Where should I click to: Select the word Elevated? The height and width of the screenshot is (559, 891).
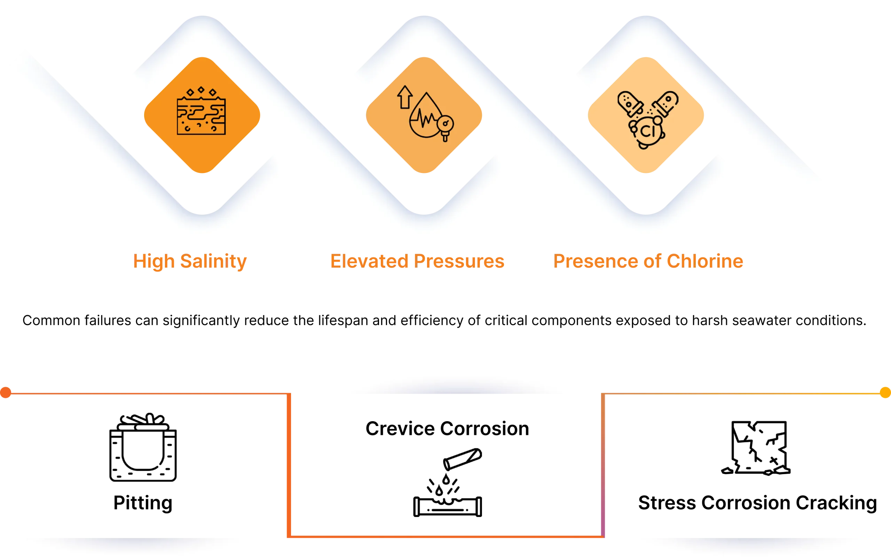point(369,261)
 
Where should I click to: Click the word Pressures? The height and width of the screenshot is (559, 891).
point(459,261)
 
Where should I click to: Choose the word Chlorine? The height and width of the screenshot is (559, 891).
point(705,261)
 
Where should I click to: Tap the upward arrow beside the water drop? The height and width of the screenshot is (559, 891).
point(405,97)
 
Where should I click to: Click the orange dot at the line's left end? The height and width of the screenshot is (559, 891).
point(6,392)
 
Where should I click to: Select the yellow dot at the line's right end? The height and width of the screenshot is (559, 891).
point(885,392)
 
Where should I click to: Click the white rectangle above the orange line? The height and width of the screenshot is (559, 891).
point(447,383)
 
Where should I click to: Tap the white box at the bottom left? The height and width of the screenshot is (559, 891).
point(143,548)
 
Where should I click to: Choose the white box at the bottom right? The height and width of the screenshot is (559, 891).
point(758,548)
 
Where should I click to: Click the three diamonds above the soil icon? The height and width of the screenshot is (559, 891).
point(201,91)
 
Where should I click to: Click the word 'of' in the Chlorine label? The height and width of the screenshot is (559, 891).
point(652,261)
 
